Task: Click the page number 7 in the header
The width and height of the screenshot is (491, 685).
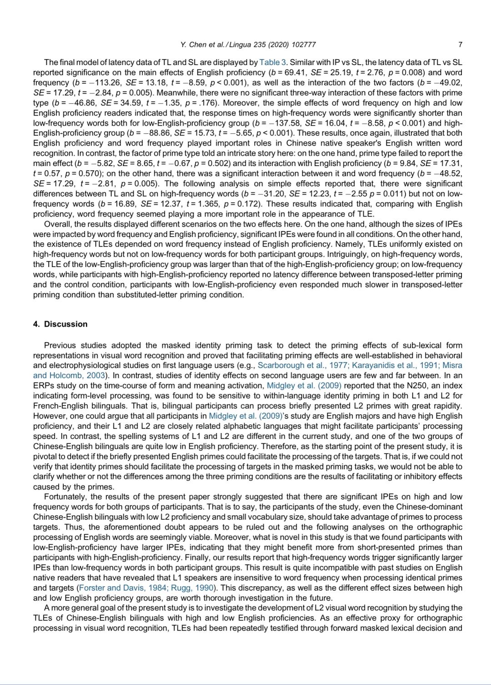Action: tap(460, 45)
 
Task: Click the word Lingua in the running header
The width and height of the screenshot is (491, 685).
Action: tap(241, 45)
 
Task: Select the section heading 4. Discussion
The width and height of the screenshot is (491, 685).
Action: tap(60, 324)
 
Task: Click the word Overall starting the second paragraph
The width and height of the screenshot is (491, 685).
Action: tap(57, 224)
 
